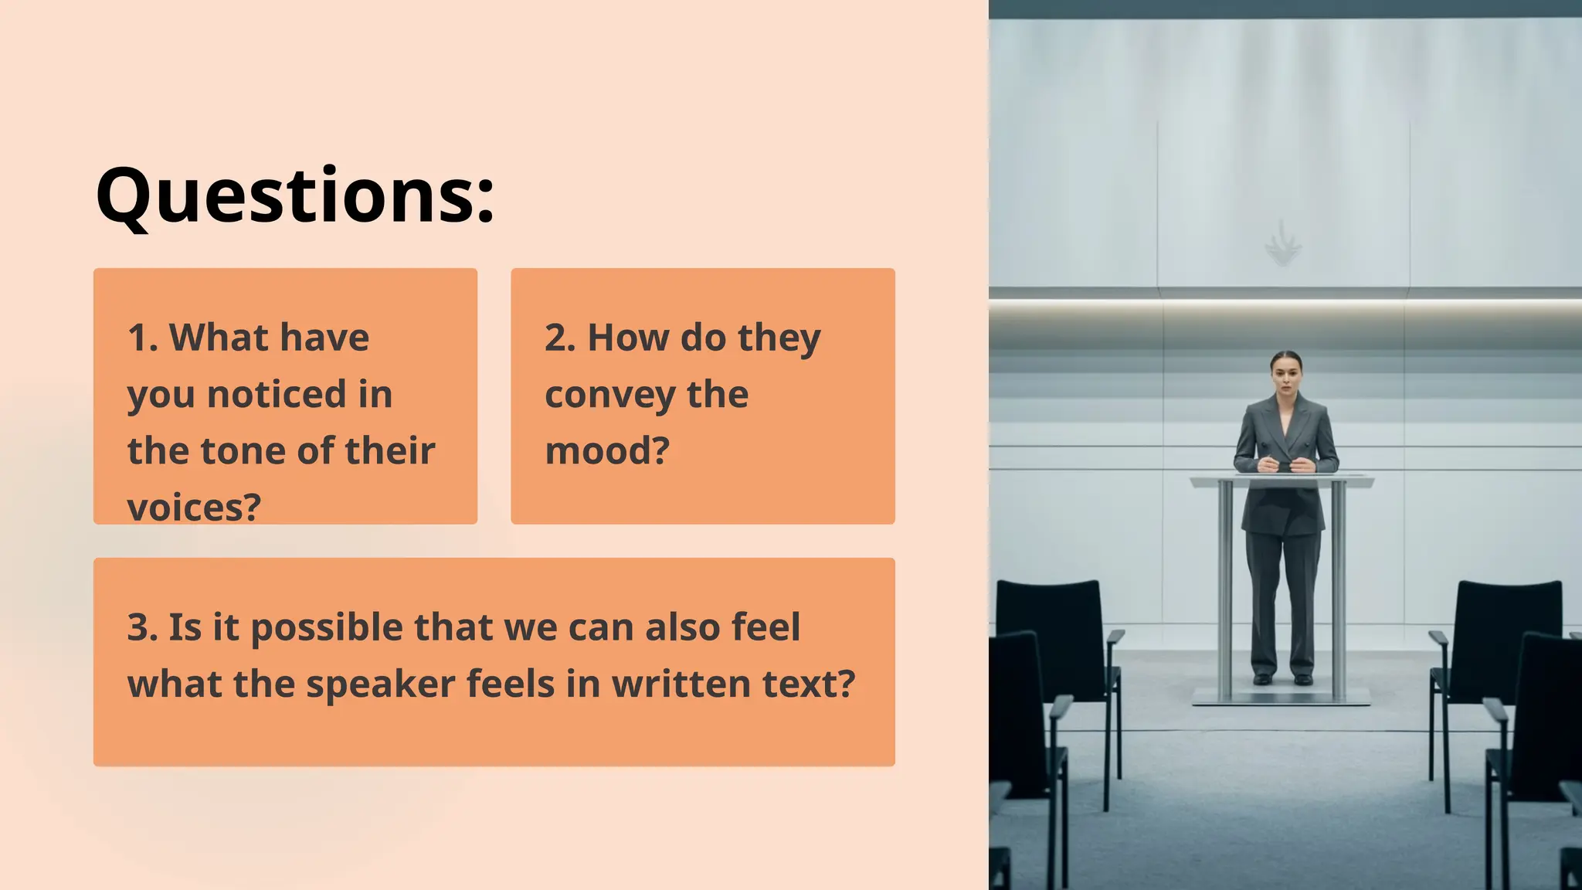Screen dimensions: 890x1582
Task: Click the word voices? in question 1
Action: [194, 508]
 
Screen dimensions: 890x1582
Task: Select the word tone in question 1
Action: [245, 450]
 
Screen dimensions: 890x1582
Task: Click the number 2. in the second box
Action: [560, 338]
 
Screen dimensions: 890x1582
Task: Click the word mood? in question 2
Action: [607, 450]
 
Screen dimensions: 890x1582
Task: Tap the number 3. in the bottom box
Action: [143, 627]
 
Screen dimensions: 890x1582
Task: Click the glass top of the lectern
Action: [1282, 481]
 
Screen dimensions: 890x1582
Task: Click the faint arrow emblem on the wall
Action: [1282, 244]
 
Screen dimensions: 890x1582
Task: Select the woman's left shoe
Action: [1304, 679]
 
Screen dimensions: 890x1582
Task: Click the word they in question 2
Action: [779, 339]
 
